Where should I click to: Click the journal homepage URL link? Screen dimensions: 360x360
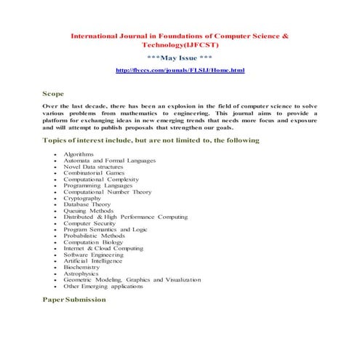[180, 70]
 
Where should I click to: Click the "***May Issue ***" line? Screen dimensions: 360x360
[180, 57]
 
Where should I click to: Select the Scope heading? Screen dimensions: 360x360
[53, 94]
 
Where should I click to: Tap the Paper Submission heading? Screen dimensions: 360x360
[74, 299]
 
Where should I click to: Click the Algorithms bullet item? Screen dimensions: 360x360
[79, 154]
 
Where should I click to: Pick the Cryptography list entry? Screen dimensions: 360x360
[82, 198]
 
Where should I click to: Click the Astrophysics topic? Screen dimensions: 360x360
[82, 273]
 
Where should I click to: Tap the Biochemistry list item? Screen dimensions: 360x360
[83, 267]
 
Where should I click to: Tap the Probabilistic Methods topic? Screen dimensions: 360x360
[94, 236]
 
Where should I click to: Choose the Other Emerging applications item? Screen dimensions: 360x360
[103, 286]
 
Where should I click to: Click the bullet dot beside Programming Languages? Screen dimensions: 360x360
[56, 185]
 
